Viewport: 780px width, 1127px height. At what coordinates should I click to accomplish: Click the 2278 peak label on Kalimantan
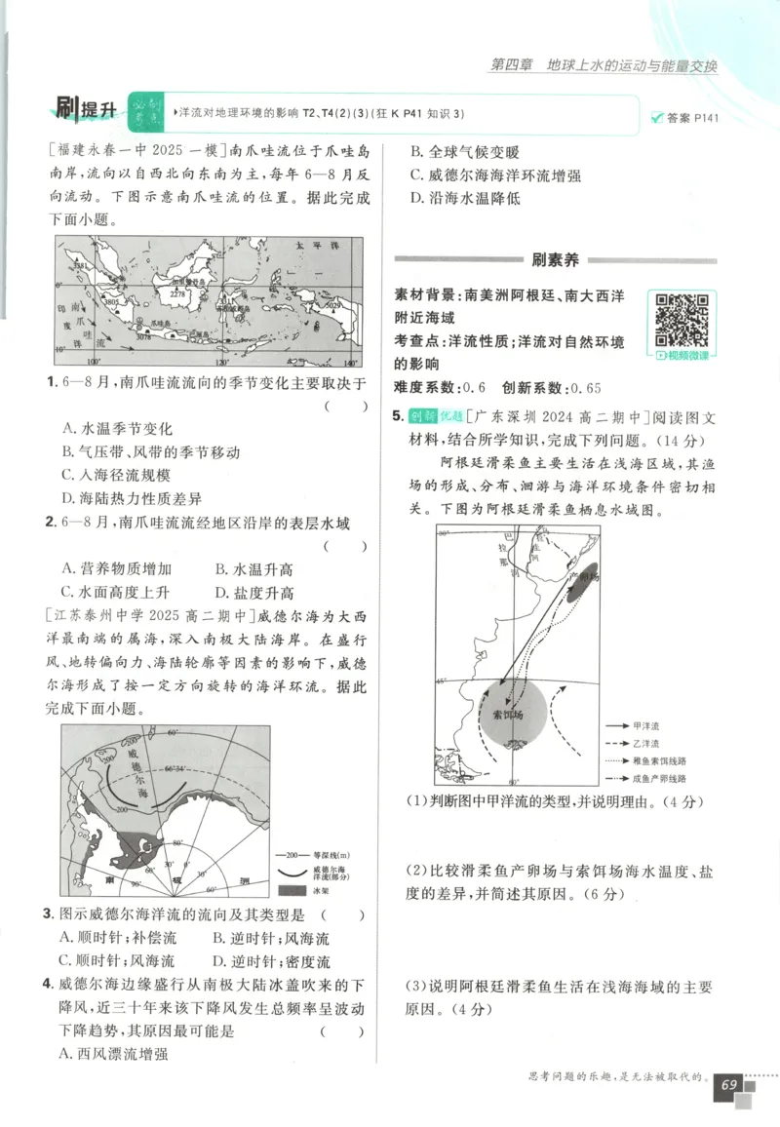pyautogui.click(x=177, y=292)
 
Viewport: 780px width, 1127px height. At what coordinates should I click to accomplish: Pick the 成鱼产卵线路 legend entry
pyautogui.click(x=659, y=778)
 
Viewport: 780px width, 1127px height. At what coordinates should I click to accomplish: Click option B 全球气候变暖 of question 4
pyautogui.click(x=464, y=152)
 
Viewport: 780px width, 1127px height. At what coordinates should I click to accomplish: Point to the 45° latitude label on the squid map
pyautogui.click(x=442, y=680)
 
